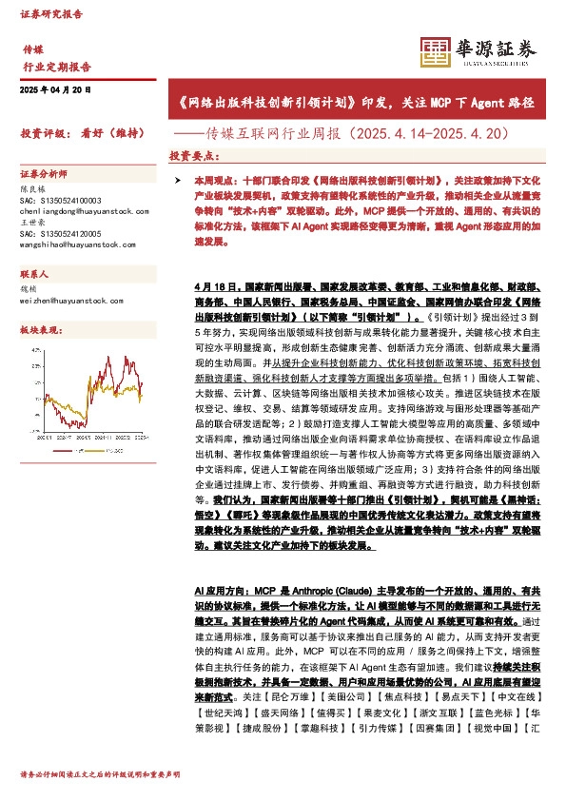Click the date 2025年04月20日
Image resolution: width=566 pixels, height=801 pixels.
tap(55, 89)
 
